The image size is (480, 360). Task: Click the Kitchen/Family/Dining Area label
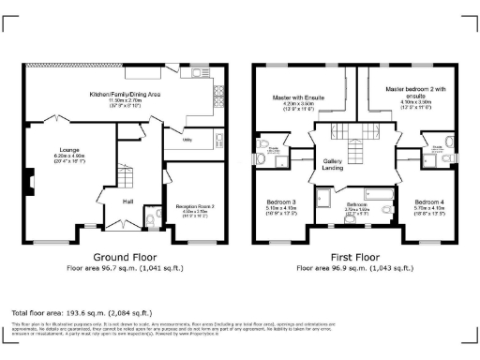126,96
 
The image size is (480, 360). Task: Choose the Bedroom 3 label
282,202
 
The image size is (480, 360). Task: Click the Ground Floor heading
125,257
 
